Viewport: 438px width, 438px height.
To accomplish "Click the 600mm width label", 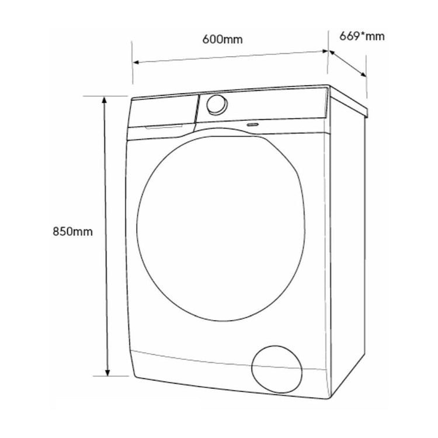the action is [x=223, y=39].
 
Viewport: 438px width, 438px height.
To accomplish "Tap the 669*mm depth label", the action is [x=362, y=36].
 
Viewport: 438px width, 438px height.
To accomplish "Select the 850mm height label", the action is [x=72, y=232].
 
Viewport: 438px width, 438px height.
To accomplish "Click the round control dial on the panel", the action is [x=217, y=105].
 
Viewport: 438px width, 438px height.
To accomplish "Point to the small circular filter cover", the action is [x=277, y=369].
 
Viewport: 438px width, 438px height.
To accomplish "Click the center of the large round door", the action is [x=221, y=228].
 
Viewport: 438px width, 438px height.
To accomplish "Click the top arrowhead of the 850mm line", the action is [x=104, y=99].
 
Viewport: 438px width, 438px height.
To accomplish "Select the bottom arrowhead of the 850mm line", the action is [x=107, y=373].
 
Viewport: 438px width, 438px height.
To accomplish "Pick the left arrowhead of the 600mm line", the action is [x=136, y=62].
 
